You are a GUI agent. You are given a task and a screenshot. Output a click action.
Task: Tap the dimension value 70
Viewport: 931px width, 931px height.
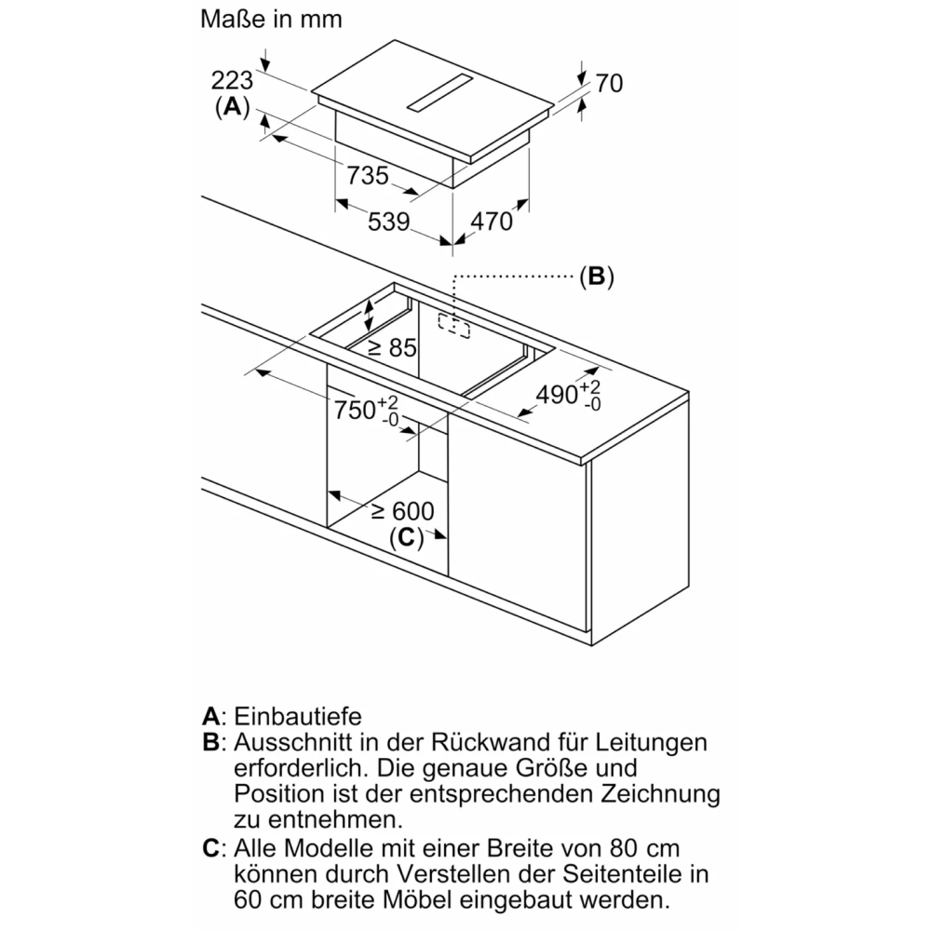(608, 83)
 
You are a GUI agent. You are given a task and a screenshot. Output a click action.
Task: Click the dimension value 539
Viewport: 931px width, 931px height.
(389, 222)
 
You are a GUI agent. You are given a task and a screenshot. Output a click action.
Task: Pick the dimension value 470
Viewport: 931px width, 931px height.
(491, 221)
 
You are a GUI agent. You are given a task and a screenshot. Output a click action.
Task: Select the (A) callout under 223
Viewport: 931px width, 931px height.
(233, 107)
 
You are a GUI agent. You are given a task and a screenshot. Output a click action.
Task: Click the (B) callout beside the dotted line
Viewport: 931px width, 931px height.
(596, 277)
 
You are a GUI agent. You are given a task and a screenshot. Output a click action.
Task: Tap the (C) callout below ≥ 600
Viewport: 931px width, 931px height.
(406, 537)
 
